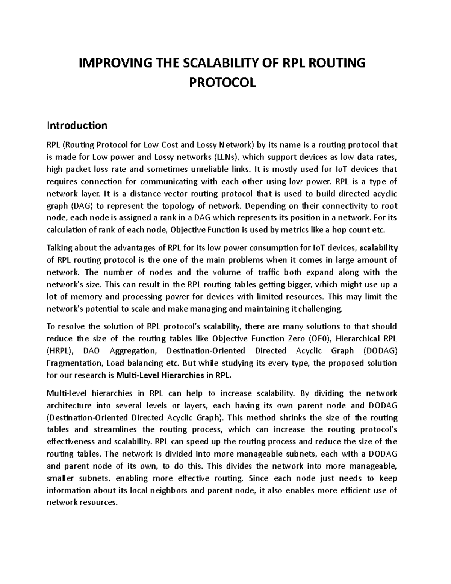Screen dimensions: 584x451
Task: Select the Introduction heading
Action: click(x=77, y=125)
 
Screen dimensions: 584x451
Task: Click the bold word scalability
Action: click(x=379, y=248)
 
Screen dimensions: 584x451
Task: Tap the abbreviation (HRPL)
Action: click(x=61, y=351)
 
